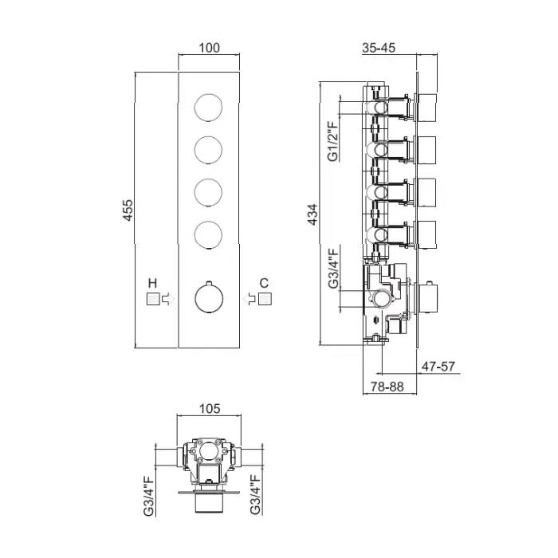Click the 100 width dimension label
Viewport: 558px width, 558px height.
[209, 48]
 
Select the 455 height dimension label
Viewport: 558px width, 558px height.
[128, 210]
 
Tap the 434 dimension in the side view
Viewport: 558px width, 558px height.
[312, 214]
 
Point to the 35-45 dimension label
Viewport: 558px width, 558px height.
[379, 48]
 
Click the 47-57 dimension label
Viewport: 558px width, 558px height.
[438, 366]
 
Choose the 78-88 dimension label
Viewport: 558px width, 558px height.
[387, 387]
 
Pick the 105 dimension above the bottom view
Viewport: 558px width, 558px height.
[210, 408]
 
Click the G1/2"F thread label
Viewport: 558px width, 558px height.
[332, 141]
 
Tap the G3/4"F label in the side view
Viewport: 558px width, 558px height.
[333, 269]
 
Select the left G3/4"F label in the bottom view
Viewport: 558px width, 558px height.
[149, 495]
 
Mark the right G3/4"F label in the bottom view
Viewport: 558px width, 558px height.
[255, 494]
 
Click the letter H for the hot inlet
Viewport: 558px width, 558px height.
[152, 283]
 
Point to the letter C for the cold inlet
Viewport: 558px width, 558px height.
[264, 283]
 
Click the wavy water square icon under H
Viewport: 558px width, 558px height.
[153, 299]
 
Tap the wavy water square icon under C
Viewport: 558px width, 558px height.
[265, 299]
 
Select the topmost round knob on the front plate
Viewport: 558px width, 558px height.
[209, 108]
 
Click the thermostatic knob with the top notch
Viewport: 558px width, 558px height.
[209, 297]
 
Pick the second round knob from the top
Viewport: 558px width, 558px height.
[209, 150]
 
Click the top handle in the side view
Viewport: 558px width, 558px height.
[426, 108]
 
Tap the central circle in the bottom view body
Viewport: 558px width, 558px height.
[209, 451]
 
